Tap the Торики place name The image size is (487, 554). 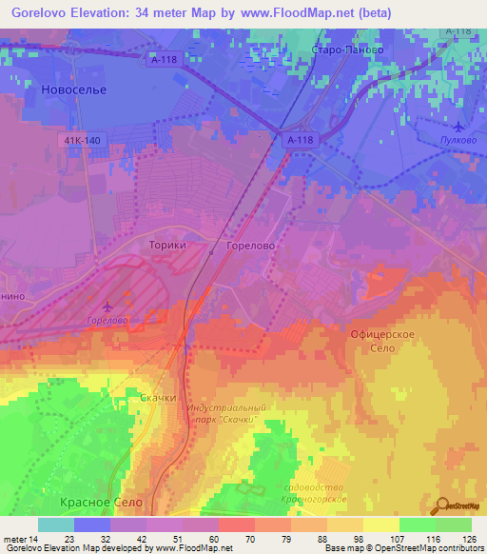point(167,245)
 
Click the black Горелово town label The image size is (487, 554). point(251,245)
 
